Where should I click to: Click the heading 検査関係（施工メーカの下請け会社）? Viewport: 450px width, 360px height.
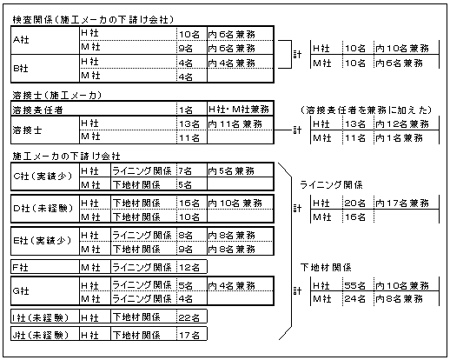pyautogui.click(x=93, y=20)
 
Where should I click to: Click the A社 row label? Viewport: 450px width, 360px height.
pyautogui.click(x=21, y=40)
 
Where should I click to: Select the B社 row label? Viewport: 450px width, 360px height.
pyautogui.click(x=21, y=69)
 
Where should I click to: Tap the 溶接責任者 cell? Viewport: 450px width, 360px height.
pyautogui.click(x=37, y=110)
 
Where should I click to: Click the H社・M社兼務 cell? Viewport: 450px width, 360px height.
pyautogui.click(x=239, y=110)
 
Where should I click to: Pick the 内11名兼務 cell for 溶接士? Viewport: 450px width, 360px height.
pyautogui.click(x=235, y=124)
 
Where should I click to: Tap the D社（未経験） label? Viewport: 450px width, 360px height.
pyautogui.click(x=43, y=208)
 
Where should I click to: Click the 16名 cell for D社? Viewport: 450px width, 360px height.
pyautogui.click(x=189, y=203)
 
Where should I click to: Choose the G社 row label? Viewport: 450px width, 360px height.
pyautogui.click(x=21, y=290)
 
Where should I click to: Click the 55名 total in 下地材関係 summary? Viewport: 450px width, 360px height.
pyautogui.click(x=354, y=285)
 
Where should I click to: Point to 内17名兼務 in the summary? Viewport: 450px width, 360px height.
pyautogui.click(x=402, y=203)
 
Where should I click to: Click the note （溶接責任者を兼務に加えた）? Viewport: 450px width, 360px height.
pyautogui.click(x=367, y=110)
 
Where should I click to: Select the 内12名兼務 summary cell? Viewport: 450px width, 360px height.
pyautogui.click(x=402, y=124)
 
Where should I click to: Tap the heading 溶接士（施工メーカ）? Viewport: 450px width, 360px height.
pyautogui.click(x=57, y=95)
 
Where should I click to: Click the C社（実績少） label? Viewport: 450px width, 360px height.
pyautogui.click(x=43, y=176)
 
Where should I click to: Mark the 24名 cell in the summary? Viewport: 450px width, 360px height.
pyautogui.click(x=354, y=298)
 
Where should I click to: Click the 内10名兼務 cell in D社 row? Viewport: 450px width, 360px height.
pyautogui.click(x=235, y=203)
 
